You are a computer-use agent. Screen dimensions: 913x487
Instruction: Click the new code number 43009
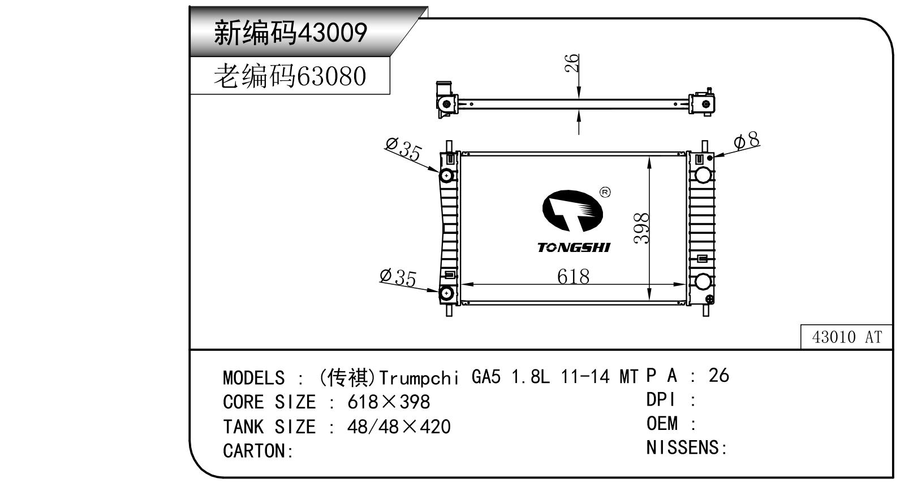[333, 33]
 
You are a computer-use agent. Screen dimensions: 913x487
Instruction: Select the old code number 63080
[331, 76]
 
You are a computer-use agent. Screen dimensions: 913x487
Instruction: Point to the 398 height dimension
[641, 228]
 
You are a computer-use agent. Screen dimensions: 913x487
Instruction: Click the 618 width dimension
[573, 277]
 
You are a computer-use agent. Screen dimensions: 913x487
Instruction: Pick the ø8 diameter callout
[747, 141]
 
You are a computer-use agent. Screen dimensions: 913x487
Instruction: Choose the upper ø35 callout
[403, 149]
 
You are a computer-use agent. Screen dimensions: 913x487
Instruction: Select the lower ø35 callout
[398, 278]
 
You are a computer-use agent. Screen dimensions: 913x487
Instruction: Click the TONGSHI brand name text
[574, 247]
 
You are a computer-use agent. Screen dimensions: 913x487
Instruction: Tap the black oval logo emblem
[572, 211]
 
